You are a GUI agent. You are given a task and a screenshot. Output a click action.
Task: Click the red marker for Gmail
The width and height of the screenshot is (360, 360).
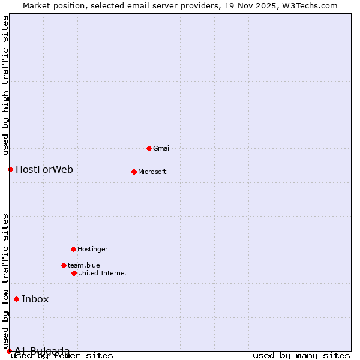149,148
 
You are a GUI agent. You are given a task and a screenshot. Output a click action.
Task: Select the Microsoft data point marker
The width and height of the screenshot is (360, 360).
134,172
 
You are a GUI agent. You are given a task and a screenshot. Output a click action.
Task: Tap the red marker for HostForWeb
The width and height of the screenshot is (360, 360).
10,169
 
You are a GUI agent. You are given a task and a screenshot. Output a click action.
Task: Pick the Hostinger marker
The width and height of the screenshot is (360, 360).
73,249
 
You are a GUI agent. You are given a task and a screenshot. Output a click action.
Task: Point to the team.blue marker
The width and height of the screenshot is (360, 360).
64,265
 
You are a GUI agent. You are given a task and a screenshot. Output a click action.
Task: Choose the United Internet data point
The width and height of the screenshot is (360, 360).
74,273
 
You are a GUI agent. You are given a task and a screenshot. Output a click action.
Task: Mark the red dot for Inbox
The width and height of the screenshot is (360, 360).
16,299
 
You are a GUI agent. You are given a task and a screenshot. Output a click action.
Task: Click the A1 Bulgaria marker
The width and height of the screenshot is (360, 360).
9,351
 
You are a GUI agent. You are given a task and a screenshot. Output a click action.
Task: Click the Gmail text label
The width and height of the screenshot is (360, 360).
162,148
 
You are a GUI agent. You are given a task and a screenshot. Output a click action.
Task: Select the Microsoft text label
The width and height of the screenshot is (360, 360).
152,172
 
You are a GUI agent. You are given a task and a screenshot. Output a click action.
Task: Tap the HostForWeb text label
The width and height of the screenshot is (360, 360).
44,169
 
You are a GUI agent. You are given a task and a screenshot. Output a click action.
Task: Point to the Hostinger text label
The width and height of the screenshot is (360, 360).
93,249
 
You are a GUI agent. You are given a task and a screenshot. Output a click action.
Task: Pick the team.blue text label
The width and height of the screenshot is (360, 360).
84,265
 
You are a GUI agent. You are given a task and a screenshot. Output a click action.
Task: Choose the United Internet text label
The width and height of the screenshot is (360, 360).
103,273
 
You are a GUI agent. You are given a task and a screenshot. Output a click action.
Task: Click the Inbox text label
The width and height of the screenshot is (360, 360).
35,299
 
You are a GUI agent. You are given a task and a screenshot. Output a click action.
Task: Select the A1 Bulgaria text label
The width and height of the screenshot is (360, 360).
42,351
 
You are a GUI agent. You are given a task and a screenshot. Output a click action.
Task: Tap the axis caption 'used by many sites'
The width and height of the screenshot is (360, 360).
301,356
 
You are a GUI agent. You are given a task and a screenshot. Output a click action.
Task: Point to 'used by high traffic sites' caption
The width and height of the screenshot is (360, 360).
5,85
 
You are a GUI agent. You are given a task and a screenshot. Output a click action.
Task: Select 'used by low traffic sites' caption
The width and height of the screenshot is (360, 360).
5,282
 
